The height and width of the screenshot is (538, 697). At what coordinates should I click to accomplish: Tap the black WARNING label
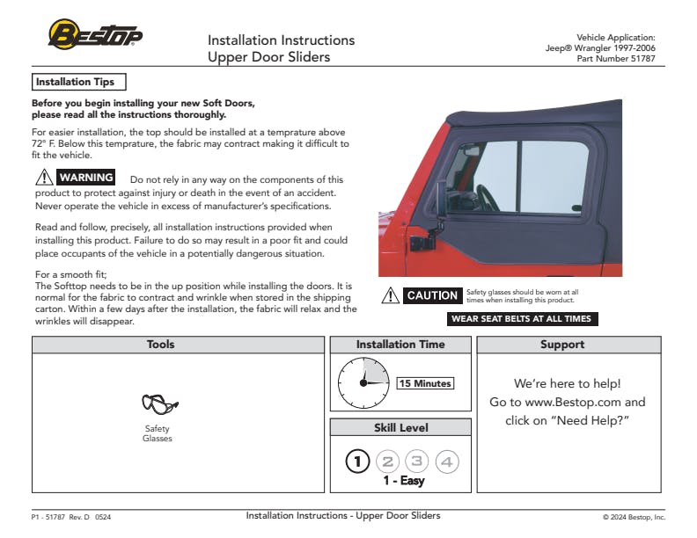pyautogui.click(x=85, y=178)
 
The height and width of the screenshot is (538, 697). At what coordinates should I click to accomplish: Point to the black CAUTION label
pyautogui.click(x=432, y=295)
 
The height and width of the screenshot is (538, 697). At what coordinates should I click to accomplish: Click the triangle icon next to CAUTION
pyautogui.click(x=391, y=295)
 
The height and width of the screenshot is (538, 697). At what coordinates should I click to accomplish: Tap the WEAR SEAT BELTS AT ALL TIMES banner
pyautogui.click(x=522, y=319)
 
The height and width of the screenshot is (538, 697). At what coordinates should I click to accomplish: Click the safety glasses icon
pyautogui.click(x=158, y=405)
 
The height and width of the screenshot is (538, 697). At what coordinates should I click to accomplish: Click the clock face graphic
pyautogui.click(x=363, y=383)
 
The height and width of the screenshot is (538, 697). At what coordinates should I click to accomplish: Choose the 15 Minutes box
pyautogui.click(x=425, y=383)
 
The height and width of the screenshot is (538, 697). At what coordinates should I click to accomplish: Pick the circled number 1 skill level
pyautogui.click(x=357, y=461)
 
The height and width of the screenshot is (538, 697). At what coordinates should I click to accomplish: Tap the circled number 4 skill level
pyautogui.click(x=447, y=461)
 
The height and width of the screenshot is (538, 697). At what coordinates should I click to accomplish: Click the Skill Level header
pyautogui.click(x=400, y=427)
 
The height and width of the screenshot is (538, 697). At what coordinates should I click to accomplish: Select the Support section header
pyautogui.click(x=562, y=345)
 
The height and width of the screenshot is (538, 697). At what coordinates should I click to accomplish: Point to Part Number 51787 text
pyautogui.click(x=615, y=58)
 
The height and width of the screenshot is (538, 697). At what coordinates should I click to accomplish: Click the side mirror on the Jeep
pyautogui.click(x=441, y=200)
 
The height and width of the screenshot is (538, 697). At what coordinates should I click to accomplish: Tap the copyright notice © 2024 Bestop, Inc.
pyautogui.click(x=634, y=518)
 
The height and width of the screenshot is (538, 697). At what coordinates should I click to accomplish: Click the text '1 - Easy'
pyautogui.click(x=403, y=481)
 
